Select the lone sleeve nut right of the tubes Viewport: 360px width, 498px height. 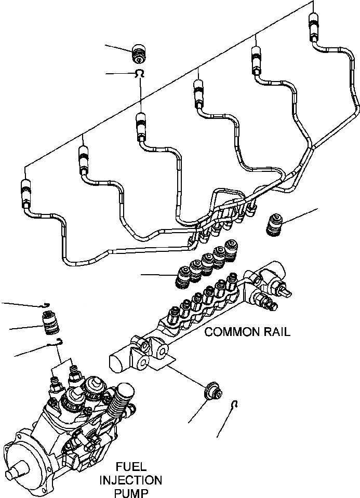pos(274,224)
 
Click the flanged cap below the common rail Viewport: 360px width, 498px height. pos(211,391)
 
